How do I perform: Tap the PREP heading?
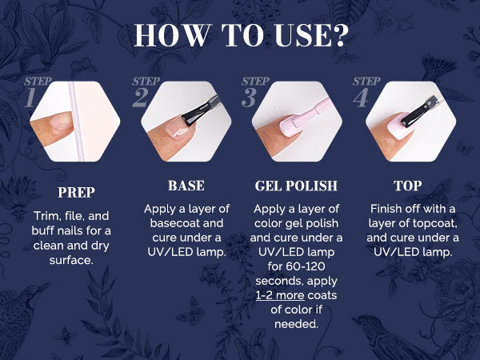pyautogui.click(x=76, y=193)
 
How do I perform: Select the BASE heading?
pyautogui.click(x=186, y=186)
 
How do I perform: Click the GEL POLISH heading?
pyautogui.click(x=296, y=186)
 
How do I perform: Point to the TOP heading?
pyautogui.click(x=407, y=186)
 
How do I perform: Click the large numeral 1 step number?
pyautogui.click(x=30, y=98)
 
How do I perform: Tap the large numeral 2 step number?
pyautogui.click(x=141, y=98)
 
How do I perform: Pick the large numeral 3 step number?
pyautogui.click(x=249, y=98)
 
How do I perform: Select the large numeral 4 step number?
pyautogui.click(x=361, y=98)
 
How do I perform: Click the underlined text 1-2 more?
pyautogui.click(x=280, y=295)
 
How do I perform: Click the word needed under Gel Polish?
pyautogui.click(x=296, y=324)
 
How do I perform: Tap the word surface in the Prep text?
pyautogui.click(x=71, y=260)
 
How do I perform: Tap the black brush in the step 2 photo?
pyautogui.click(x=199, y=111)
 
